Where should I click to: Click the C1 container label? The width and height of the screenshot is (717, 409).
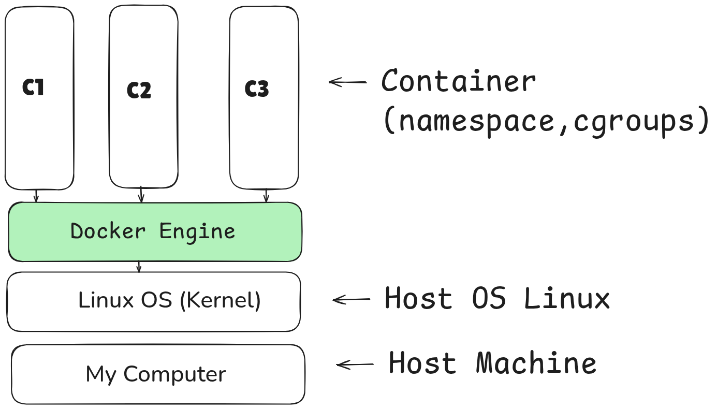click(33, 88)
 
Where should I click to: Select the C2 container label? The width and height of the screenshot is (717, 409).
click(139, 91)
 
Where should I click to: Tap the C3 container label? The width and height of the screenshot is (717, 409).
click(257, 89)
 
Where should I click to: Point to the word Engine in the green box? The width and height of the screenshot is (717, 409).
click(197, 231)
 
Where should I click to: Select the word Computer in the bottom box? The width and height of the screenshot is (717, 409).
click(174, 374)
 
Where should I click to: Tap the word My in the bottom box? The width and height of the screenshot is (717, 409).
click(100, 374)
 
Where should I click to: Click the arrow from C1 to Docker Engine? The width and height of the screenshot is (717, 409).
click(36, 196)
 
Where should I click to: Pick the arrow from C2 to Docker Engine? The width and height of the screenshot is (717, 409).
click(141, 195)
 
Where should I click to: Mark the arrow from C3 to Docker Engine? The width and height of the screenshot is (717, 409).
click(266, 196)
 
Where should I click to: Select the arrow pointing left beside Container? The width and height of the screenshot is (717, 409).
click(348, 82)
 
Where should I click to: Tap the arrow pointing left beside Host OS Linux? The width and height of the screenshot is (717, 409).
click(351, 299)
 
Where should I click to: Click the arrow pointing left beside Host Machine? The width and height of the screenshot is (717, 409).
click(355, 364)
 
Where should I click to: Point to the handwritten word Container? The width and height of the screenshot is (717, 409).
click(459, 82)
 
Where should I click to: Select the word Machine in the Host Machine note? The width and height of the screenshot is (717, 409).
click(536, 363)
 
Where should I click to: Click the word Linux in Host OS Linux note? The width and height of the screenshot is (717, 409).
click(567, 299)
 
